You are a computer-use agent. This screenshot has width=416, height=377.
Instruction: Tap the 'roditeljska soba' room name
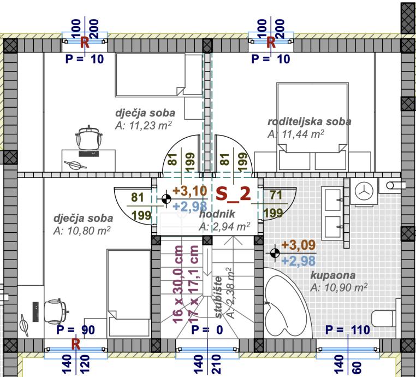coord(309,121)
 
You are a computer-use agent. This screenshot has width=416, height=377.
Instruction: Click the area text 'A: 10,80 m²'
coord(82,231)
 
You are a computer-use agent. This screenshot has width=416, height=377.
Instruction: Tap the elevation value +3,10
coord(191,191)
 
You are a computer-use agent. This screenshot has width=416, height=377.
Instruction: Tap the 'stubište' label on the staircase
coord(217,298)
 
